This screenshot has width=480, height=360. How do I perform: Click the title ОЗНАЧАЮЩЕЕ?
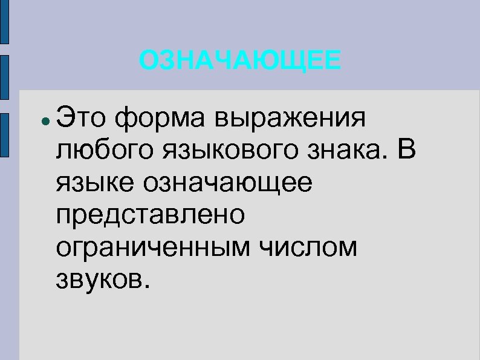[x=239, y=61]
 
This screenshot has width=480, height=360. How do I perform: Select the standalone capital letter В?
[x=406, y=148]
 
